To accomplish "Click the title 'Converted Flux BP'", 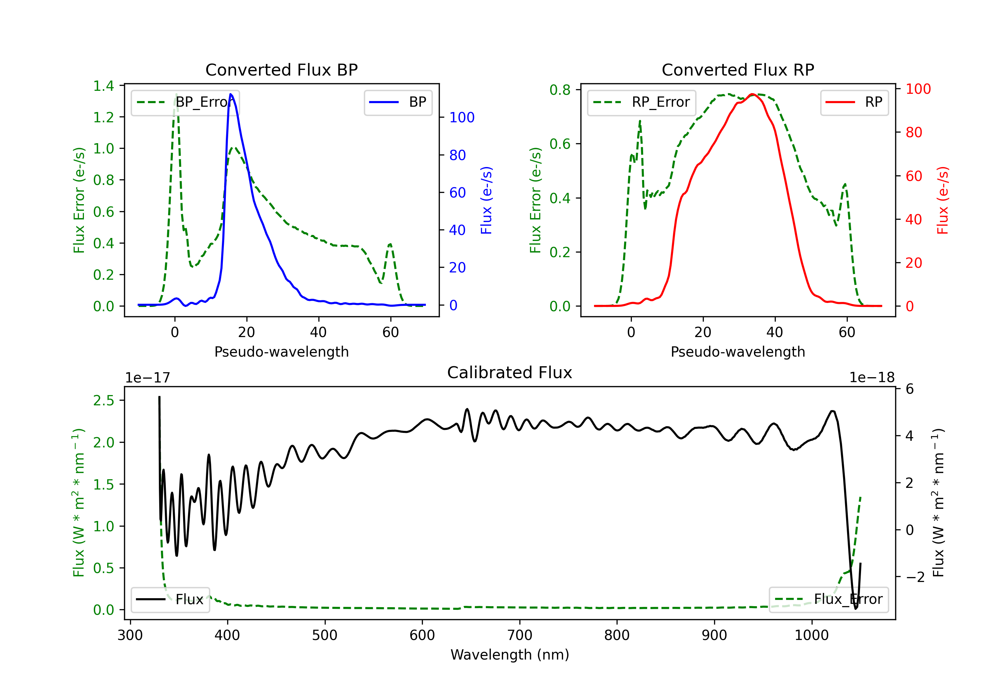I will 281,70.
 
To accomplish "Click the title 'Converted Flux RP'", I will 738,70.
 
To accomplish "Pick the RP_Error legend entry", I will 641,102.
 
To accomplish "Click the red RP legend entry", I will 854,102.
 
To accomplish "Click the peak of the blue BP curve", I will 231,94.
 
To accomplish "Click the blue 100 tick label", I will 462,117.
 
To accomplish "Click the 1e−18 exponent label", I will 872,378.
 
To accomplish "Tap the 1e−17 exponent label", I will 148,378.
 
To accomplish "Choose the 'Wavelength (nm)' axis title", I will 510,655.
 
